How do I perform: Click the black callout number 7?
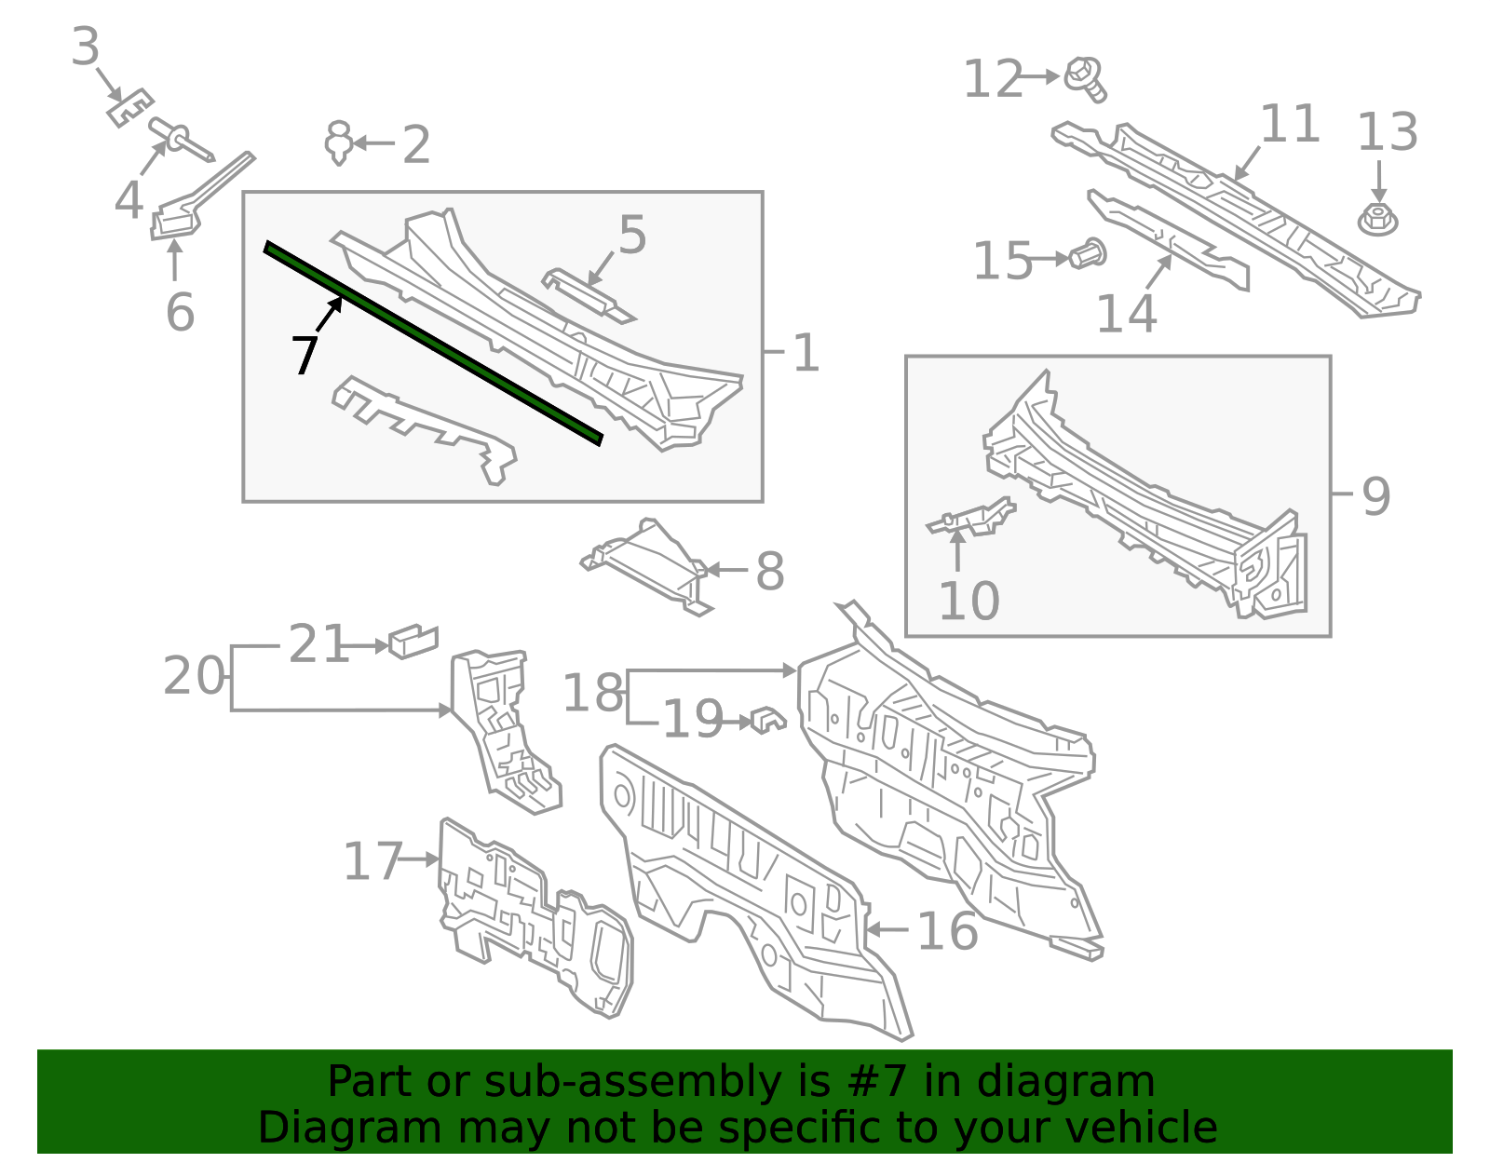[305, 355]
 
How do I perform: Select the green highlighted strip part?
[433, 344]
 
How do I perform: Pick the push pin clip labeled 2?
[339, 142]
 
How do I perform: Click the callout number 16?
[948, 932]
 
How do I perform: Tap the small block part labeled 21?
[413, 642]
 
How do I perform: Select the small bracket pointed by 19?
[768, 720]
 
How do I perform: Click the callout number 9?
[1375, 496]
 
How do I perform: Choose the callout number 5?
[632, 235]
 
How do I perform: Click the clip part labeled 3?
[130, 108]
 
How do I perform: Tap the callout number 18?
[592, 693]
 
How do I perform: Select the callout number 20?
[194, 676]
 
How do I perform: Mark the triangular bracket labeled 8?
[646, 567]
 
